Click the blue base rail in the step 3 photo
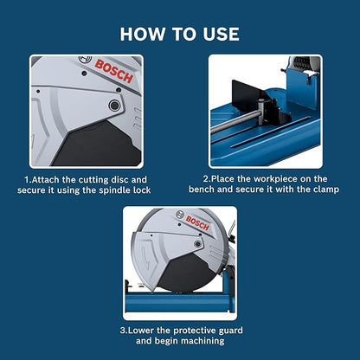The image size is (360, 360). [x=216, y=304]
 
